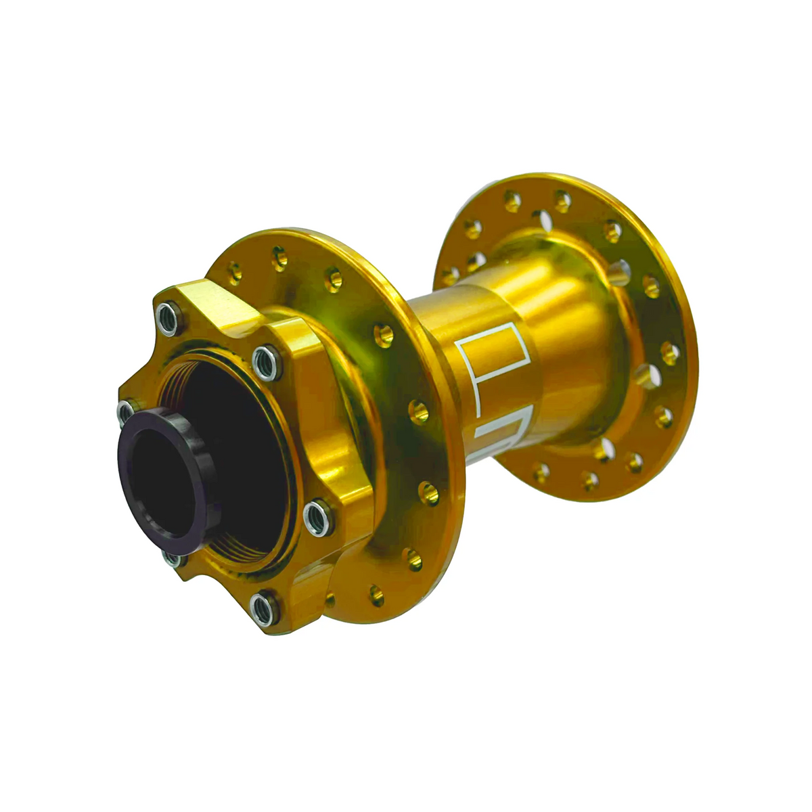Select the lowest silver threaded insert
coord(265,607)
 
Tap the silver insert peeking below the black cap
coord(173,559)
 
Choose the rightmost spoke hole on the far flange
coord(670,353)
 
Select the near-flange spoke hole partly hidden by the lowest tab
coord(330,600)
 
